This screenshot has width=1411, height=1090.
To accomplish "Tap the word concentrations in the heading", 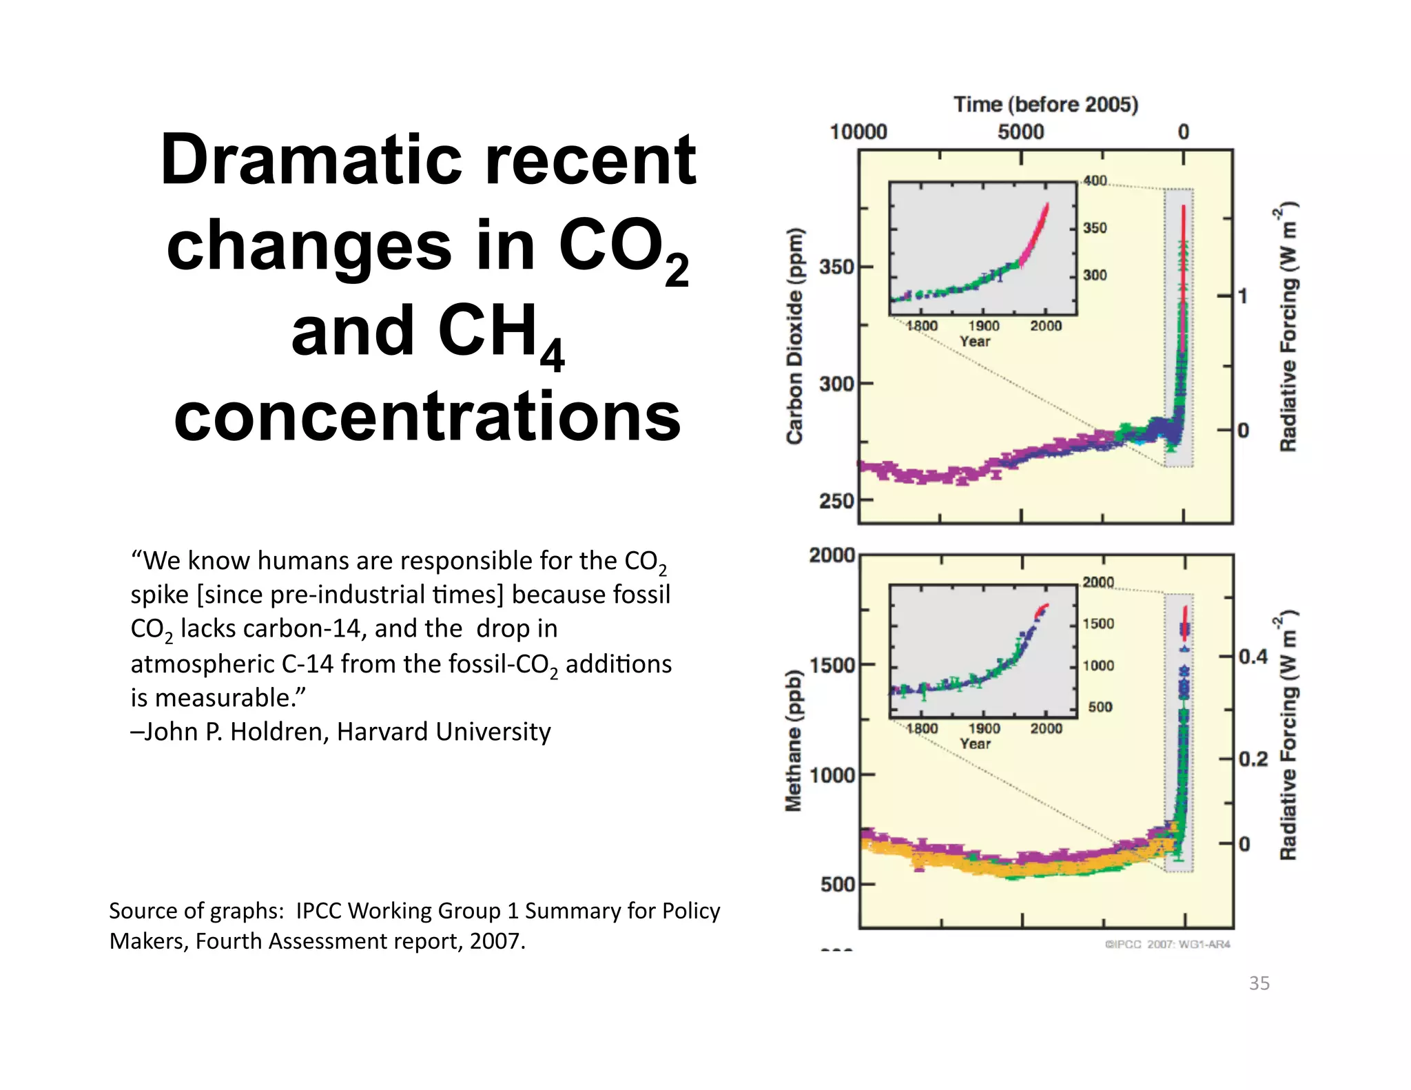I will [x=427, y=416].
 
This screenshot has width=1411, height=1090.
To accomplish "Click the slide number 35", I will [x=1259, y=983].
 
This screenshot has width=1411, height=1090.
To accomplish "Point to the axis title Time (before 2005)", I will [x=1045, y=105].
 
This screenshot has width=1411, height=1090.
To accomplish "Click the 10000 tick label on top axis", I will [x=858, y=132].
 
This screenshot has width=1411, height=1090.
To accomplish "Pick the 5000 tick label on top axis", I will [x=1020, y=132].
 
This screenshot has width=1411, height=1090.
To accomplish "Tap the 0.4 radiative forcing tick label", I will [x=1253, y=657].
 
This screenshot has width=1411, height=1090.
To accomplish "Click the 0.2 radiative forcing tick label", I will [x=1253, y=759].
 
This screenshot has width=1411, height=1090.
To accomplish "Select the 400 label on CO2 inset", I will [x=1095, y=181].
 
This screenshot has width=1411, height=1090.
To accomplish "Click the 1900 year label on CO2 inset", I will [x=983, y=326].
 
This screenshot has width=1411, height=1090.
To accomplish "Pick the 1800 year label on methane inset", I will [x=921, y=728].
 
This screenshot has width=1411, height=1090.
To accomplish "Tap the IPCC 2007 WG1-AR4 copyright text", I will [x=1167, y=944].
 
